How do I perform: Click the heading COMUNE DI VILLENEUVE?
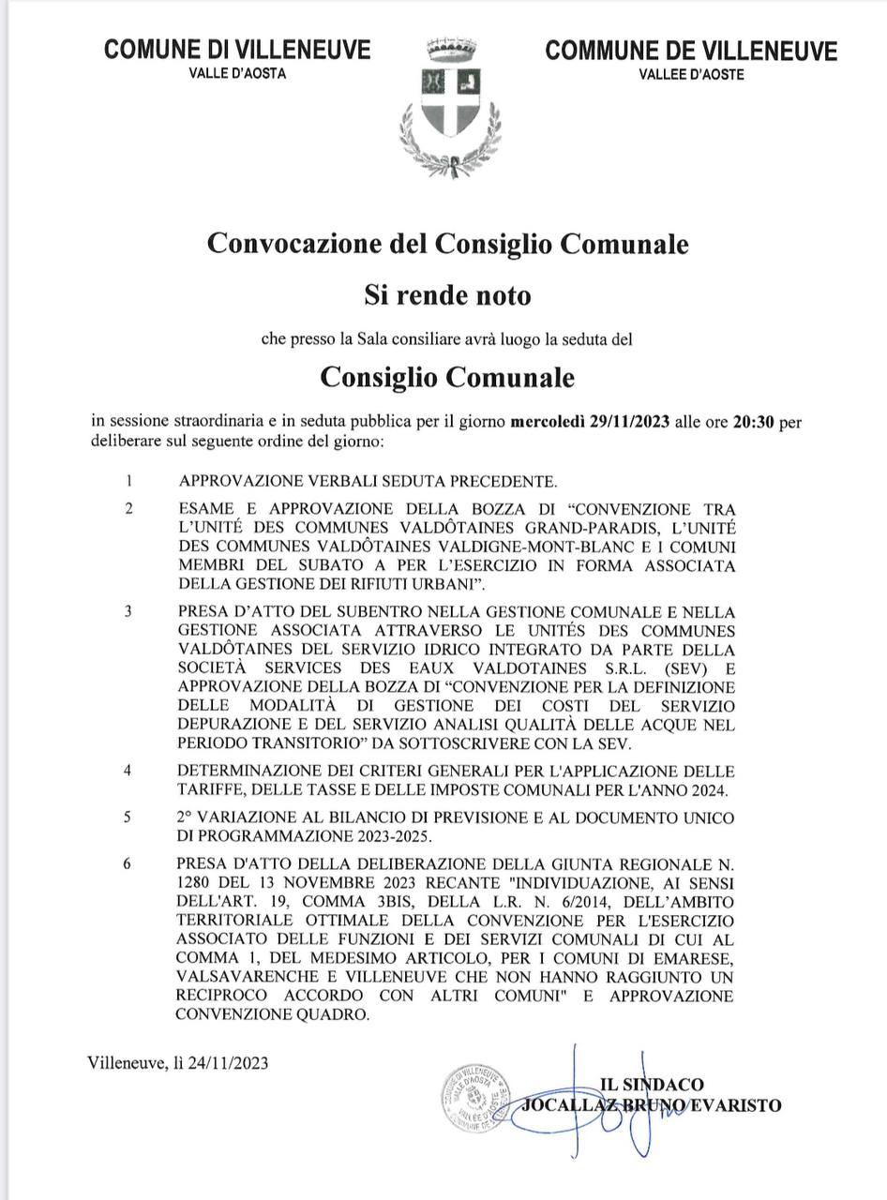[237, 51]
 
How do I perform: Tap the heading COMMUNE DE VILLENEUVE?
[691, 52]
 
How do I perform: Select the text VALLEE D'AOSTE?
[691, 75]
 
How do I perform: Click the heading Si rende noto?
[447, 295]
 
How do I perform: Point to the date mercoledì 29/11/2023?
[589, 422]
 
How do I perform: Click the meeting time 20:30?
[753, 422]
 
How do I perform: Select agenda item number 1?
[128, 482]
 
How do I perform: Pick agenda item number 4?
[128, 771]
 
